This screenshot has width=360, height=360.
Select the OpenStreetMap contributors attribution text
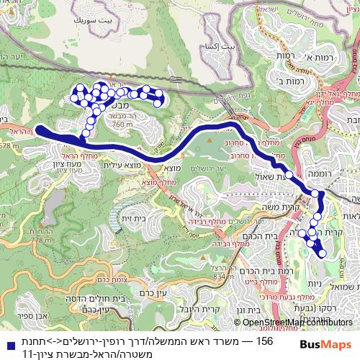pyautogui.click(x=298, y=322)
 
